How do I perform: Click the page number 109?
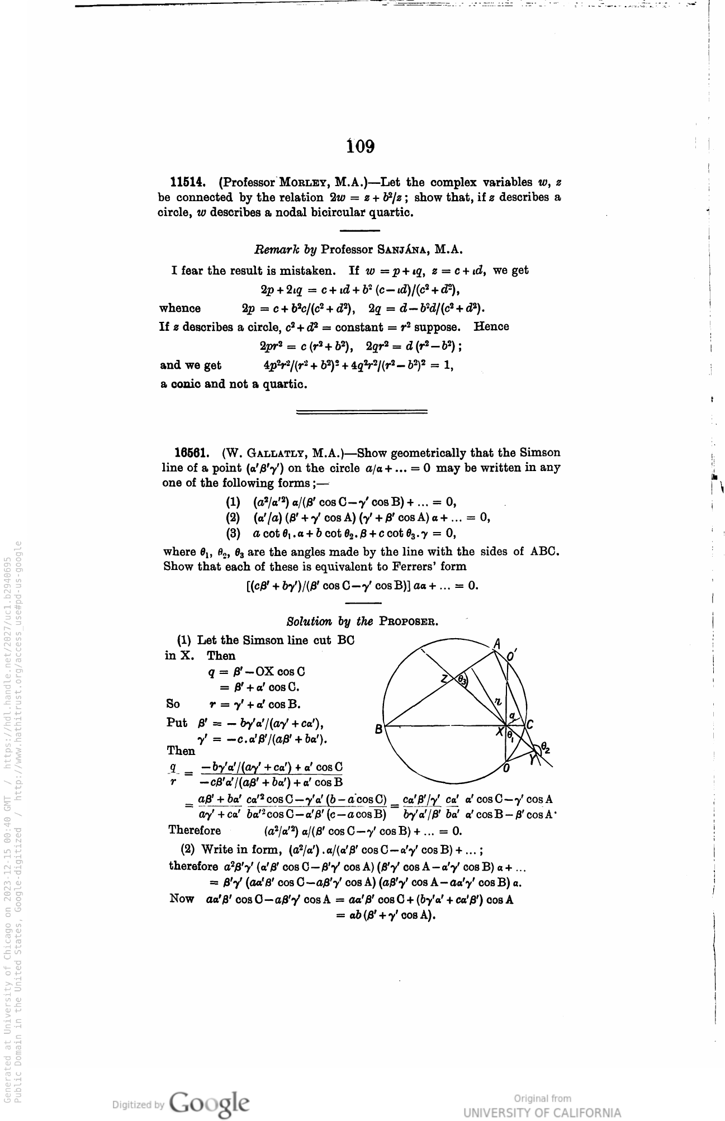coord(361,146)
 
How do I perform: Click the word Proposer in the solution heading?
coord(408,621)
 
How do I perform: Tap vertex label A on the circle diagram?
coord(496,644)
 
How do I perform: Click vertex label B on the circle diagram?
coord(378,729)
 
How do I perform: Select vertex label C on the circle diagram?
coord(530,725)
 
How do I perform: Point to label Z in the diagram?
coord(444,679)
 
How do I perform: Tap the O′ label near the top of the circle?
coord(512,655)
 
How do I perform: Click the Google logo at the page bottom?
coord(210,1103)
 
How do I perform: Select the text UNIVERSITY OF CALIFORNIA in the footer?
coord(542,1112)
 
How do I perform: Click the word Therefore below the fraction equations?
coord(195,830)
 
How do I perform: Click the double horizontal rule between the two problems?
coord(362,412)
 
